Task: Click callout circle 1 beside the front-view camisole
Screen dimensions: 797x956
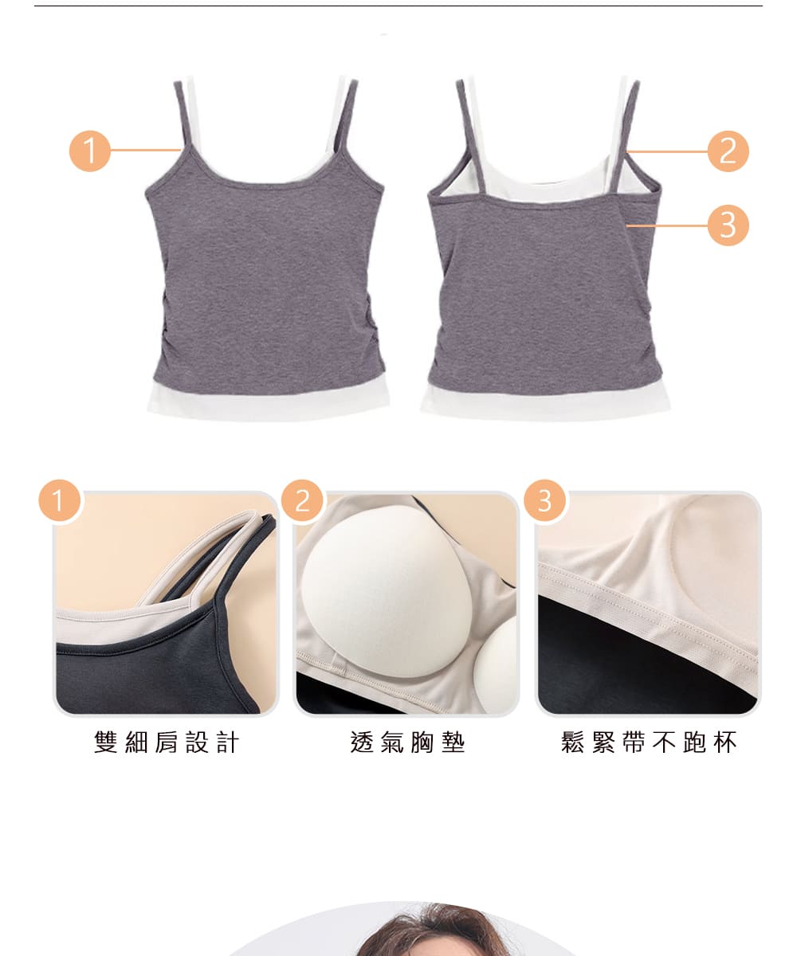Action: pyautogui.click(x=90, y=151)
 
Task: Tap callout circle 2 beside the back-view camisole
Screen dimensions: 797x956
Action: pyautogui.click(x=728, y=151)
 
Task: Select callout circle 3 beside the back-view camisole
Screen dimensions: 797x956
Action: pyautogui.click(x=728, y=225)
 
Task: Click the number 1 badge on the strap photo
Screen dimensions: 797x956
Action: pyautogui.click(x=60, y=500)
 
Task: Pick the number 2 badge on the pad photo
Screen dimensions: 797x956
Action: pyautogui.click(x=302, y=500)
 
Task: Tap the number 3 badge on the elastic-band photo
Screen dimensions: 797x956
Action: pyautogui.click(x=544, y=500)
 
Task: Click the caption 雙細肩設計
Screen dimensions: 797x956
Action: pyautogui.click(x=167, y=742)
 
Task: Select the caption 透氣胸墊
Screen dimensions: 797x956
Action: pyautogui.click(x=407, y=742)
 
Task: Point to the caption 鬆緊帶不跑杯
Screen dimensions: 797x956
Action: pyautogui.click(x=649, y=742)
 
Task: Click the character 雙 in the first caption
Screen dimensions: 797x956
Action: pyautogui.click(x=106, y=742)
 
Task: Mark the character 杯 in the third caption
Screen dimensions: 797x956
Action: pyautogui.click(x=725, y=742)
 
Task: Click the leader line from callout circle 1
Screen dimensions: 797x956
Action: pyautogui.click(x=146, y=150)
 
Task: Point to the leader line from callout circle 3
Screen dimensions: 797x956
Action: pyautogui.click(x=667, y=225)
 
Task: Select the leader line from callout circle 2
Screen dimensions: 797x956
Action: pyautogui.click(x=667, y=151)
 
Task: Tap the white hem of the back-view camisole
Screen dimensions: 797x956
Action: pyautogui.click(x=545, y=404)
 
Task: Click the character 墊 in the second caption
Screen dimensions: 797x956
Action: pyautogui.click(x=453, y=742)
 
